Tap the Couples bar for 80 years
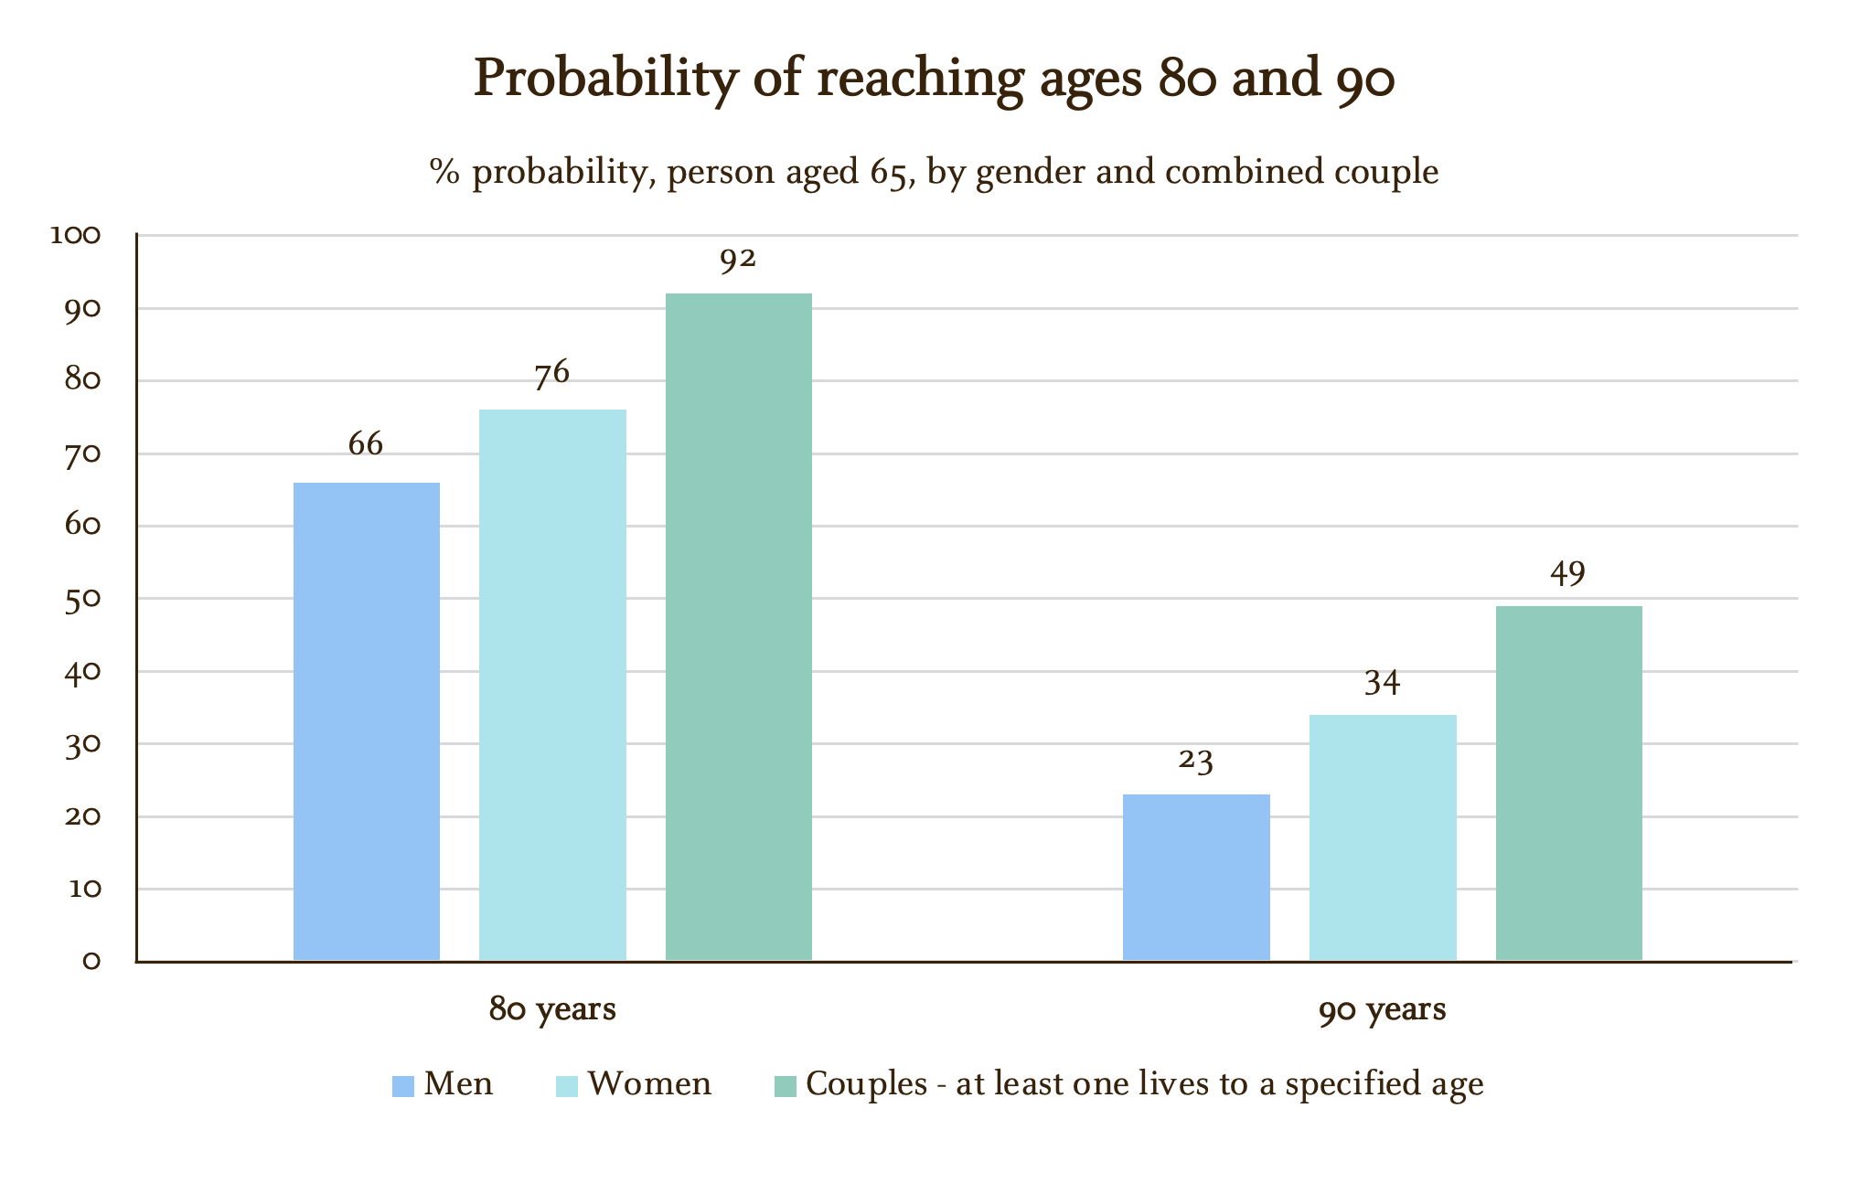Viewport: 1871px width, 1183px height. click(x=738, y=626)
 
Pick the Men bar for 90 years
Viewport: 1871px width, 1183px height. click(x=1196, y=877)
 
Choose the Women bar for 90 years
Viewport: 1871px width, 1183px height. click(x=1383, y=837)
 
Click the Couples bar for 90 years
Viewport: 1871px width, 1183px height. click(x=1568, y=783)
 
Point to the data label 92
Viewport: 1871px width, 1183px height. click(x=738, y=260)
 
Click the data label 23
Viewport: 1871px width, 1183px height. click(x=1196, y=761)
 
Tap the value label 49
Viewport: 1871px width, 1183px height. click(x=1568, y=573)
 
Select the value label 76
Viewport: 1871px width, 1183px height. click(x=552, y=373)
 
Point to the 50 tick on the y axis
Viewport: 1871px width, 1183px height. click(x=82, y=599)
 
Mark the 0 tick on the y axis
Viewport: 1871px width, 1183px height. click(x=91, y=961)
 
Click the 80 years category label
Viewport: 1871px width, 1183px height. click(x=552, y=1010)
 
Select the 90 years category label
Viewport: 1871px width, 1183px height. click(x=1382, y=1010)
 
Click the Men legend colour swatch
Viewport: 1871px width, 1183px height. click(x=403, y=1086)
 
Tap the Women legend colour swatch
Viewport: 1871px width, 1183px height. click(x=567, y=1086)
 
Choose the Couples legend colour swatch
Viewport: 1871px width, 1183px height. click(x=786, y=1086)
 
